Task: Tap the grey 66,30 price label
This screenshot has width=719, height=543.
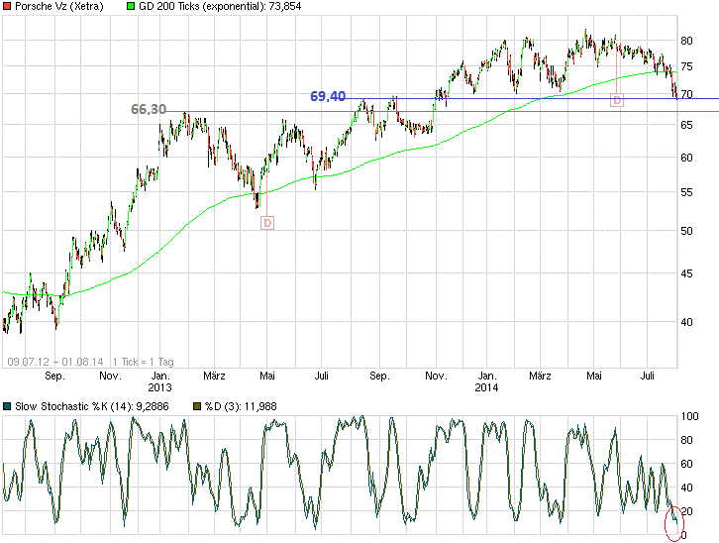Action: [149, 108]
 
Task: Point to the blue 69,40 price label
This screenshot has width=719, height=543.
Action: [328, 96]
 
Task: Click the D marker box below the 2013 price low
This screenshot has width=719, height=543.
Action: [266, 223]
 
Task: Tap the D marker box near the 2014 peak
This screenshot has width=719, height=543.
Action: [617, 100]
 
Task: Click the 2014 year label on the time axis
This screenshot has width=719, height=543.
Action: [486, 388]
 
